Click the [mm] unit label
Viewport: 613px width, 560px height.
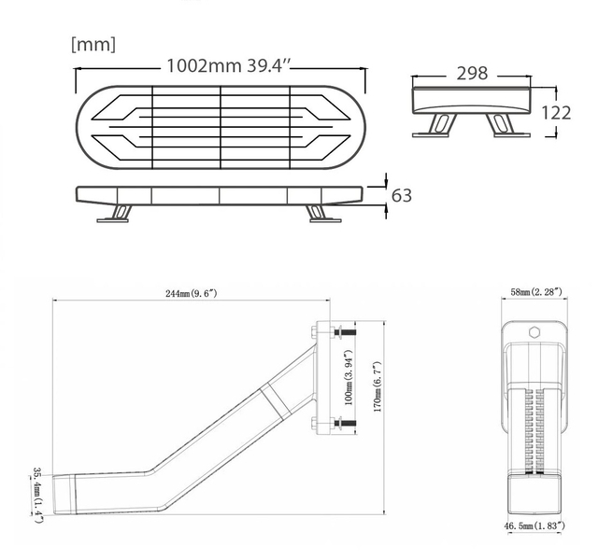93,44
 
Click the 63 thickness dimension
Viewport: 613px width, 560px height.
401,195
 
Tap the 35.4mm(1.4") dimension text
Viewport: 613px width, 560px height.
36,493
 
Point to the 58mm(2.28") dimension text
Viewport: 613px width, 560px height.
535,293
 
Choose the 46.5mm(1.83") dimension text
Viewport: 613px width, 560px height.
535,527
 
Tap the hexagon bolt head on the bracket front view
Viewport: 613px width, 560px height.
535,332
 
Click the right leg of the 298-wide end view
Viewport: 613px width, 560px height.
506,125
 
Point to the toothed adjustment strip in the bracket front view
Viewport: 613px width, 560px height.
535,426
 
